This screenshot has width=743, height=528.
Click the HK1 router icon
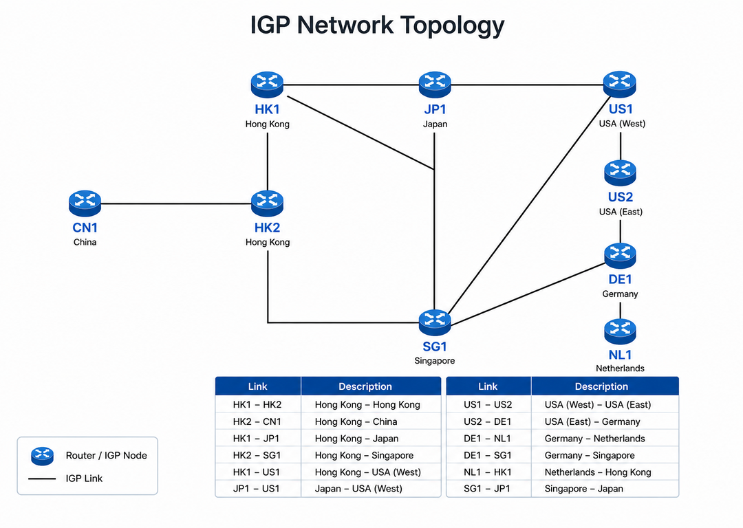coord(267,85)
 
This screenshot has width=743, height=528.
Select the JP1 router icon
coord(435,85)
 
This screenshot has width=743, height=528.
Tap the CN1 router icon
coord(85,203)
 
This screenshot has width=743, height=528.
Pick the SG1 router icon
coord(435,322)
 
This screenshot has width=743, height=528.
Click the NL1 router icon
coord(621,331)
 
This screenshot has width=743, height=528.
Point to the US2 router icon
coord(621,173)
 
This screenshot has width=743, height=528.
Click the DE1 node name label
coord(621,279)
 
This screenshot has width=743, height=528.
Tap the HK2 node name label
coord(267,228)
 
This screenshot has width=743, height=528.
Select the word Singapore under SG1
coord(435,361)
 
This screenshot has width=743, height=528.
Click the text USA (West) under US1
coord(622,124)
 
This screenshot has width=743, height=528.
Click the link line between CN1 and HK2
coord(176,203)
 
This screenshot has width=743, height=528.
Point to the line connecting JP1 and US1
coord(528,85)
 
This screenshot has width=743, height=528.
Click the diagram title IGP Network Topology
coord(377,25)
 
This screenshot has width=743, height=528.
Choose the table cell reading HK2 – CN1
coord(257,421)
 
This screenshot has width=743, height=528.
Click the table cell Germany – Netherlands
coord(594,439)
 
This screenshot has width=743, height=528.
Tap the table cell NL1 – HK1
coord(488,472)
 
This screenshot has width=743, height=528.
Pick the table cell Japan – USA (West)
coord(358,489)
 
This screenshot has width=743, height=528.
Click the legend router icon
coord(42,456)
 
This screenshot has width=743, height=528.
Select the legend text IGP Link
coord(84,478)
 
